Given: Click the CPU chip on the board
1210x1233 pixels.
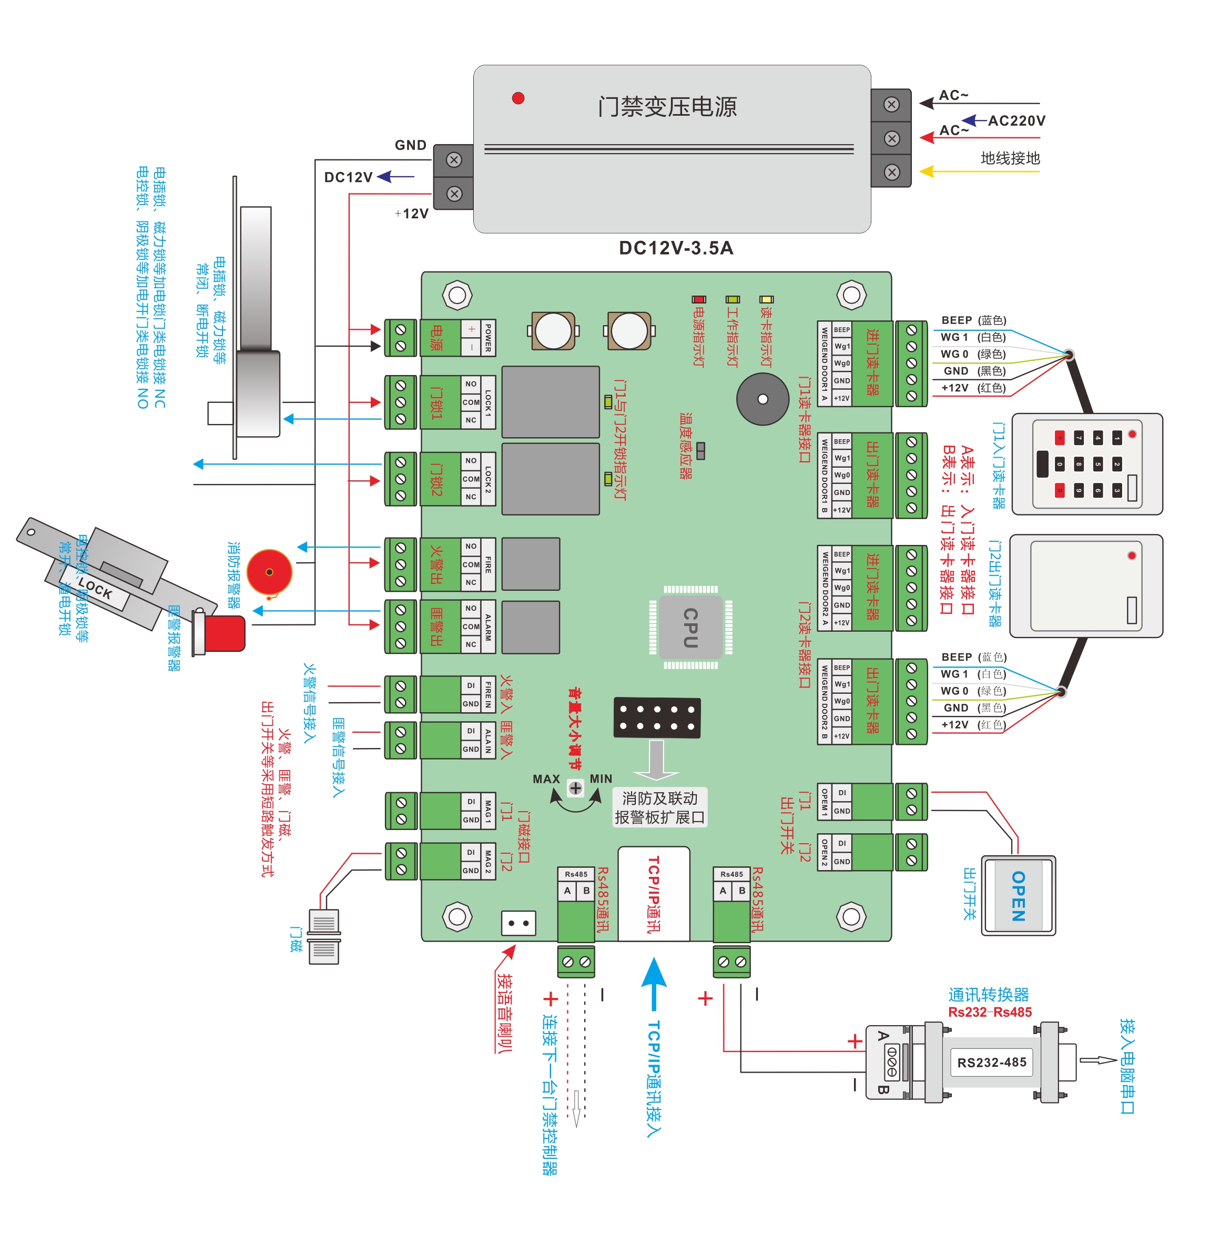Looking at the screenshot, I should coord(690,626).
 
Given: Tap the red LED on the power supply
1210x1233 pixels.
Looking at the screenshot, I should coord(518,98).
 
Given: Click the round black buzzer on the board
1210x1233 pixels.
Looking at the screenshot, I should coord(762,399).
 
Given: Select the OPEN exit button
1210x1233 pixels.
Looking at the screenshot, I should coord(1018,895).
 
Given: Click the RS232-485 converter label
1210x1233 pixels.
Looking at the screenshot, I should coord(991,1062).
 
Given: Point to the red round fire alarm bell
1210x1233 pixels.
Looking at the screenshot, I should coord(269,572).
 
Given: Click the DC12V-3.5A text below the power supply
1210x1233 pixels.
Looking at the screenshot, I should coord(676,248).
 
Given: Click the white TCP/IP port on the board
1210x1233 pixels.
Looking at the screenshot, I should coord(653,893).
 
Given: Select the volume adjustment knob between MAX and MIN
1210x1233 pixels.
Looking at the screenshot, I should coord(575,788).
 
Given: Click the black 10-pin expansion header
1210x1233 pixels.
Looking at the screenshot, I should coord(656,717).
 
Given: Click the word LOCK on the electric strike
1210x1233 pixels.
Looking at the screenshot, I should coord(95,589).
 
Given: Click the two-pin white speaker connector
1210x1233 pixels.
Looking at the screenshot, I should coord(518,923).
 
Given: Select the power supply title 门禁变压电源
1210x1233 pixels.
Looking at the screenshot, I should coord(667,106).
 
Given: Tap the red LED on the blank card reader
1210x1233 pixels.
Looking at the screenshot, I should coord(1131,555).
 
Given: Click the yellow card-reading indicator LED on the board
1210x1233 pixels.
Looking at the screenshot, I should coord(766,299).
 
